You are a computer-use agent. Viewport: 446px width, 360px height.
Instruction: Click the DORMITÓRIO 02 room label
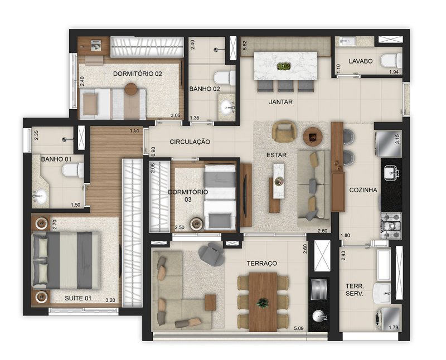tap(137, 74)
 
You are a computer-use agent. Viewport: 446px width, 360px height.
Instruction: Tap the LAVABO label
tap(361, 61)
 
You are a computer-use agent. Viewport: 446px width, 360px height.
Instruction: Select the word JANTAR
tap(281, 102)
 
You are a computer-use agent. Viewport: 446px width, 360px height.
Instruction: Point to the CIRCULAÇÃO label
tap(190, 142)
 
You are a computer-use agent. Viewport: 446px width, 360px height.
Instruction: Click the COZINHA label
tap(363, 190)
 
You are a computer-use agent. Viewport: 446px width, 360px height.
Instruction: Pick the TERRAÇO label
tap(261, 264)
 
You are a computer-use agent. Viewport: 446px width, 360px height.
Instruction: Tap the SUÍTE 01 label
tap(78, 298)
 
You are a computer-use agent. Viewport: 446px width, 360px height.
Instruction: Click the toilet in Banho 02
tap(225, 78)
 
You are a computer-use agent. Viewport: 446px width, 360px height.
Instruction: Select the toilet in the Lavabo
tap(391, 61)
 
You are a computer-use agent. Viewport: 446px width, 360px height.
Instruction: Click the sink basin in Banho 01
tap(40, 197)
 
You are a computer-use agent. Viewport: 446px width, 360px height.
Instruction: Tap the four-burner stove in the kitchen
tap(391, 226)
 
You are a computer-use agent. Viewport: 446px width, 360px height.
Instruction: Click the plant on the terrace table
tap(263, 303)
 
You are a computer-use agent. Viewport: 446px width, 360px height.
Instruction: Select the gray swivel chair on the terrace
tap(211, 254)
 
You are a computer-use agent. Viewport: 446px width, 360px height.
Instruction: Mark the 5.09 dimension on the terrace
tap(299, 328)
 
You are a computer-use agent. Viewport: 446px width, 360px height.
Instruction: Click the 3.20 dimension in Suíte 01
tap(110, 300)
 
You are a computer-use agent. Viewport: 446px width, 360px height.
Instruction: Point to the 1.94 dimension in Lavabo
tap(394, 72)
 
